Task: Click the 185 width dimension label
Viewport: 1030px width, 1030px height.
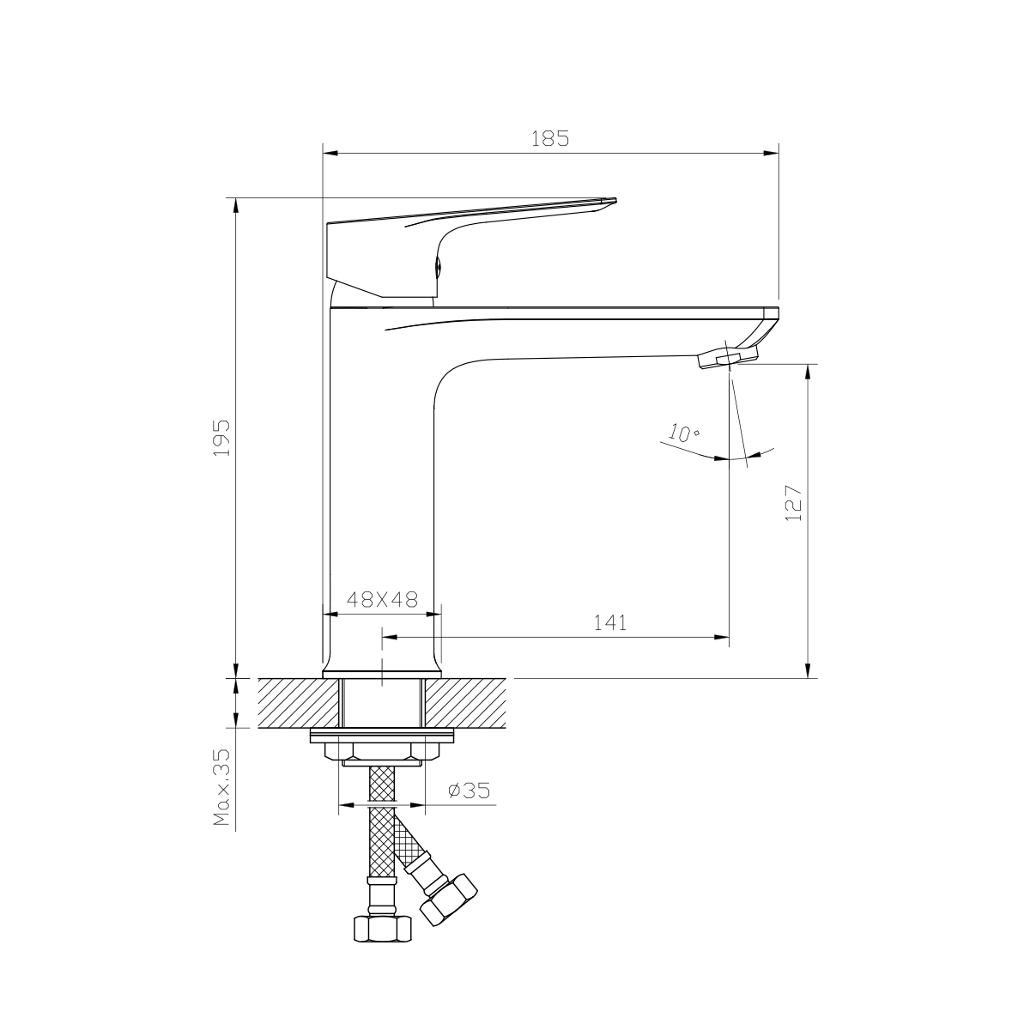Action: [x=550, y=138]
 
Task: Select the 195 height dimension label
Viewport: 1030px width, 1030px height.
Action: [x=221, y=437]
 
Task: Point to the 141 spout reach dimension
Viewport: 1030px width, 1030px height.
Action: [x=610, y=623]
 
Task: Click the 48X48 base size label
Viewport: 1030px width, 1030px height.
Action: [x=381, y=600]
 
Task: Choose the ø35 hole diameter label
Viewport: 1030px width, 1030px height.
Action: [x=469, y=791]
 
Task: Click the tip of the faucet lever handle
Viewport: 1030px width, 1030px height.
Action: [x=610, y=202]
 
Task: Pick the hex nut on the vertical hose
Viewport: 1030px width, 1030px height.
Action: [x=382, y=929]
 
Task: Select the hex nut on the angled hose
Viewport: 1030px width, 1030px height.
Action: [x=448, y=900]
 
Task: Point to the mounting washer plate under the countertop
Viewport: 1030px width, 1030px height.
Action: [x=382, y=736]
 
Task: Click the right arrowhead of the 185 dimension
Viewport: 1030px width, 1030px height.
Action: [x=772, y=154]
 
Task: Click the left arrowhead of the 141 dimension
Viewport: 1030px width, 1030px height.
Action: [x=387, y=638]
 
